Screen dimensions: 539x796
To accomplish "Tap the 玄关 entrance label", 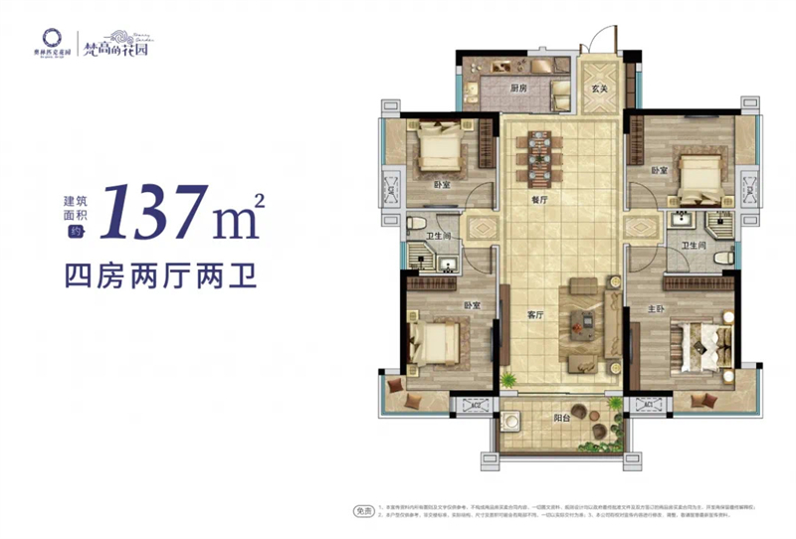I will coord(599,90).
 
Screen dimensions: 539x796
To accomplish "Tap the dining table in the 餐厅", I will coord(539,162).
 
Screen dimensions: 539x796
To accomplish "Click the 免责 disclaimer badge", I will coord(365,511).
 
